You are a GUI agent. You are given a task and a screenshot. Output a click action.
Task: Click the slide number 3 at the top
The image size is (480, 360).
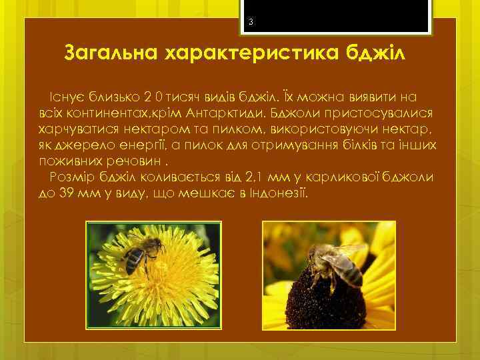[x=251, y=23]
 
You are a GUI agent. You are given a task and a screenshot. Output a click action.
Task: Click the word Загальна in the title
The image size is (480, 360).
[x=110, y=52]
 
